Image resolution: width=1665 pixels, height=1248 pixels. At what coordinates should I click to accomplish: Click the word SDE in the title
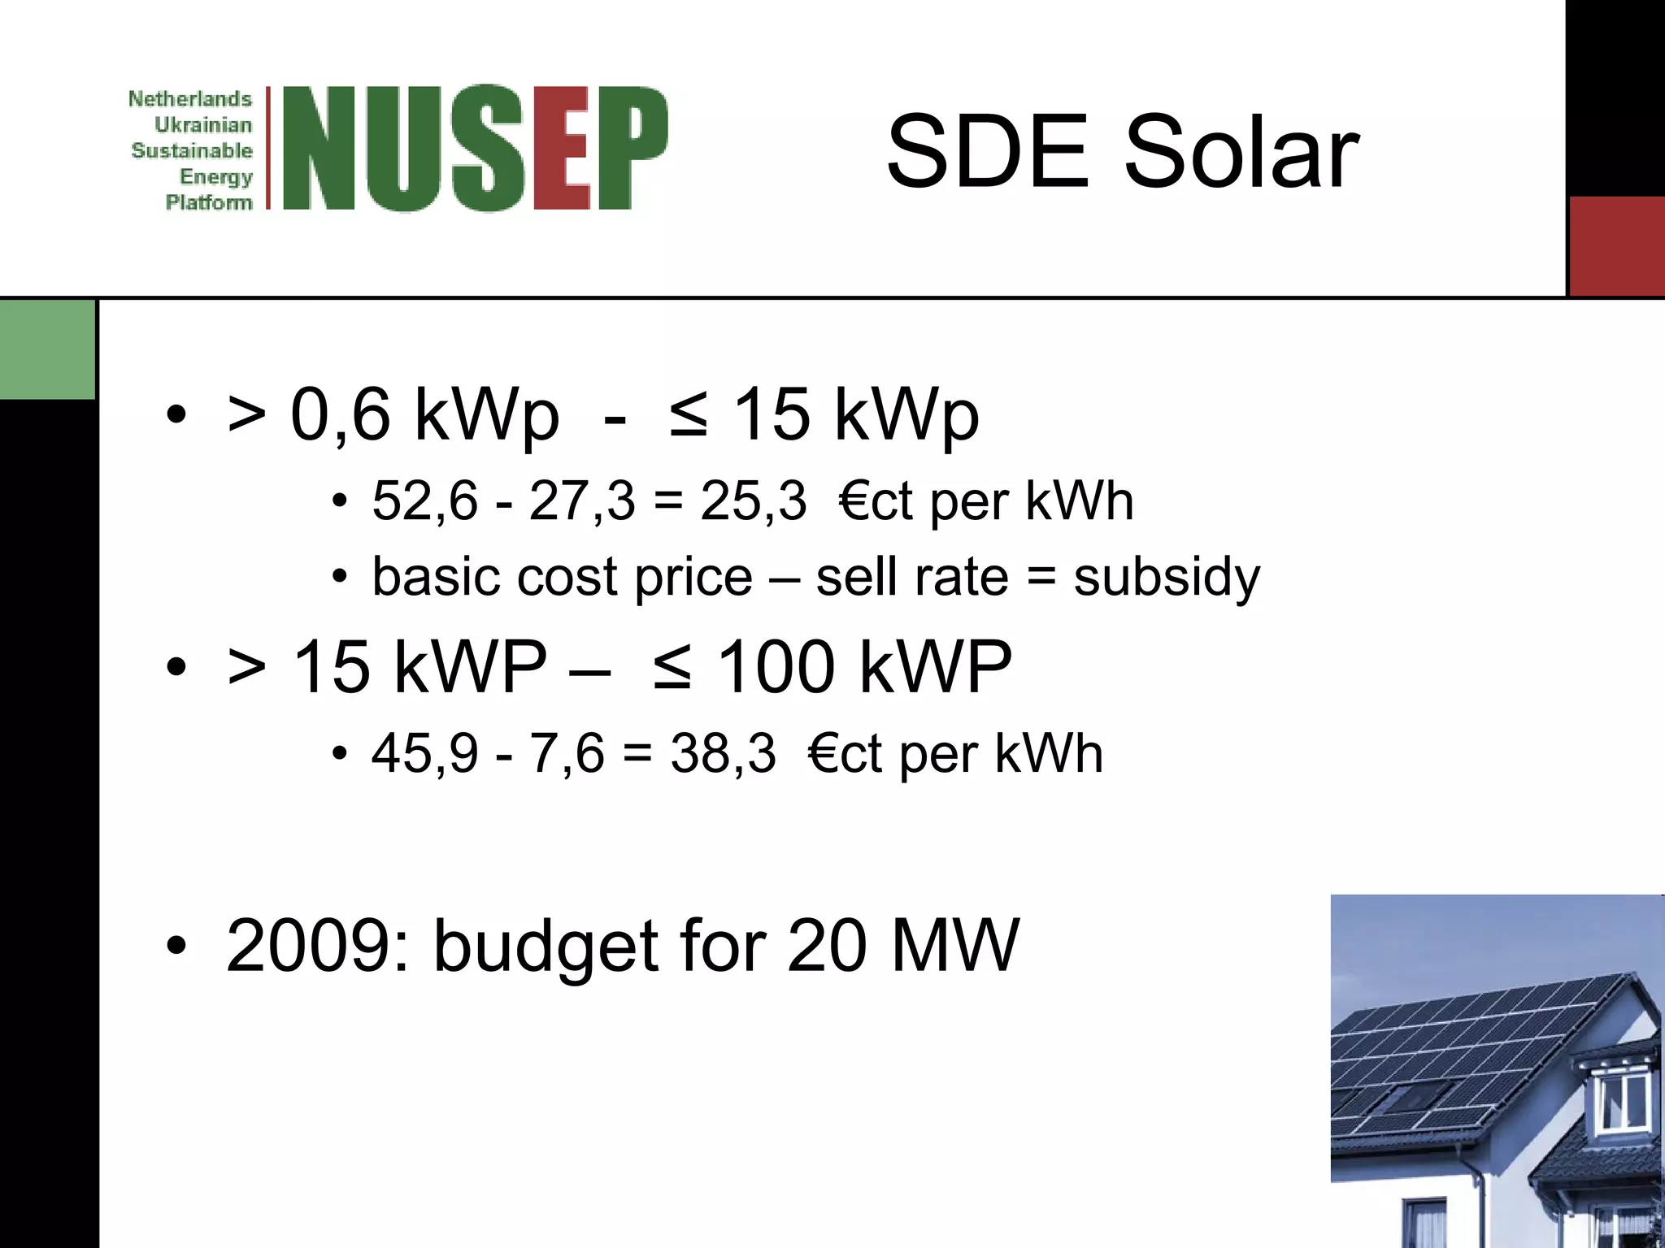987,152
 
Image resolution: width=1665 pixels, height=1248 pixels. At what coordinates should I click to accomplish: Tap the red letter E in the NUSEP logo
561,148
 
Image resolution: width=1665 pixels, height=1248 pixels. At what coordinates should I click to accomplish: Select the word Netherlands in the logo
190,99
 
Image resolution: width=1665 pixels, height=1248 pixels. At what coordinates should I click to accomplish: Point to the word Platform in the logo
209,202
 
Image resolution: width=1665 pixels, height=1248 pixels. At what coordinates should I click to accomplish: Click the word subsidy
1167,578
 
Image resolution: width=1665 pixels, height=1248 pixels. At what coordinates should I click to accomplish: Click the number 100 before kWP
776,667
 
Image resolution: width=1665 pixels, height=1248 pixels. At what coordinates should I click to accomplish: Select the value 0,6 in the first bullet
341,415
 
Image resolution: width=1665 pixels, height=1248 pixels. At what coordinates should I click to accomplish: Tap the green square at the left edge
47,349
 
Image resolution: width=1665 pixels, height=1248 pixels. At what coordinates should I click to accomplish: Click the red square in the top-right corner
1616,246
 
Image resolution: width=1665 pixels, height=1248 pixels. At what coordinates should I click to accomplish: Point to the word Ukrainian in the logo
203,125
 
